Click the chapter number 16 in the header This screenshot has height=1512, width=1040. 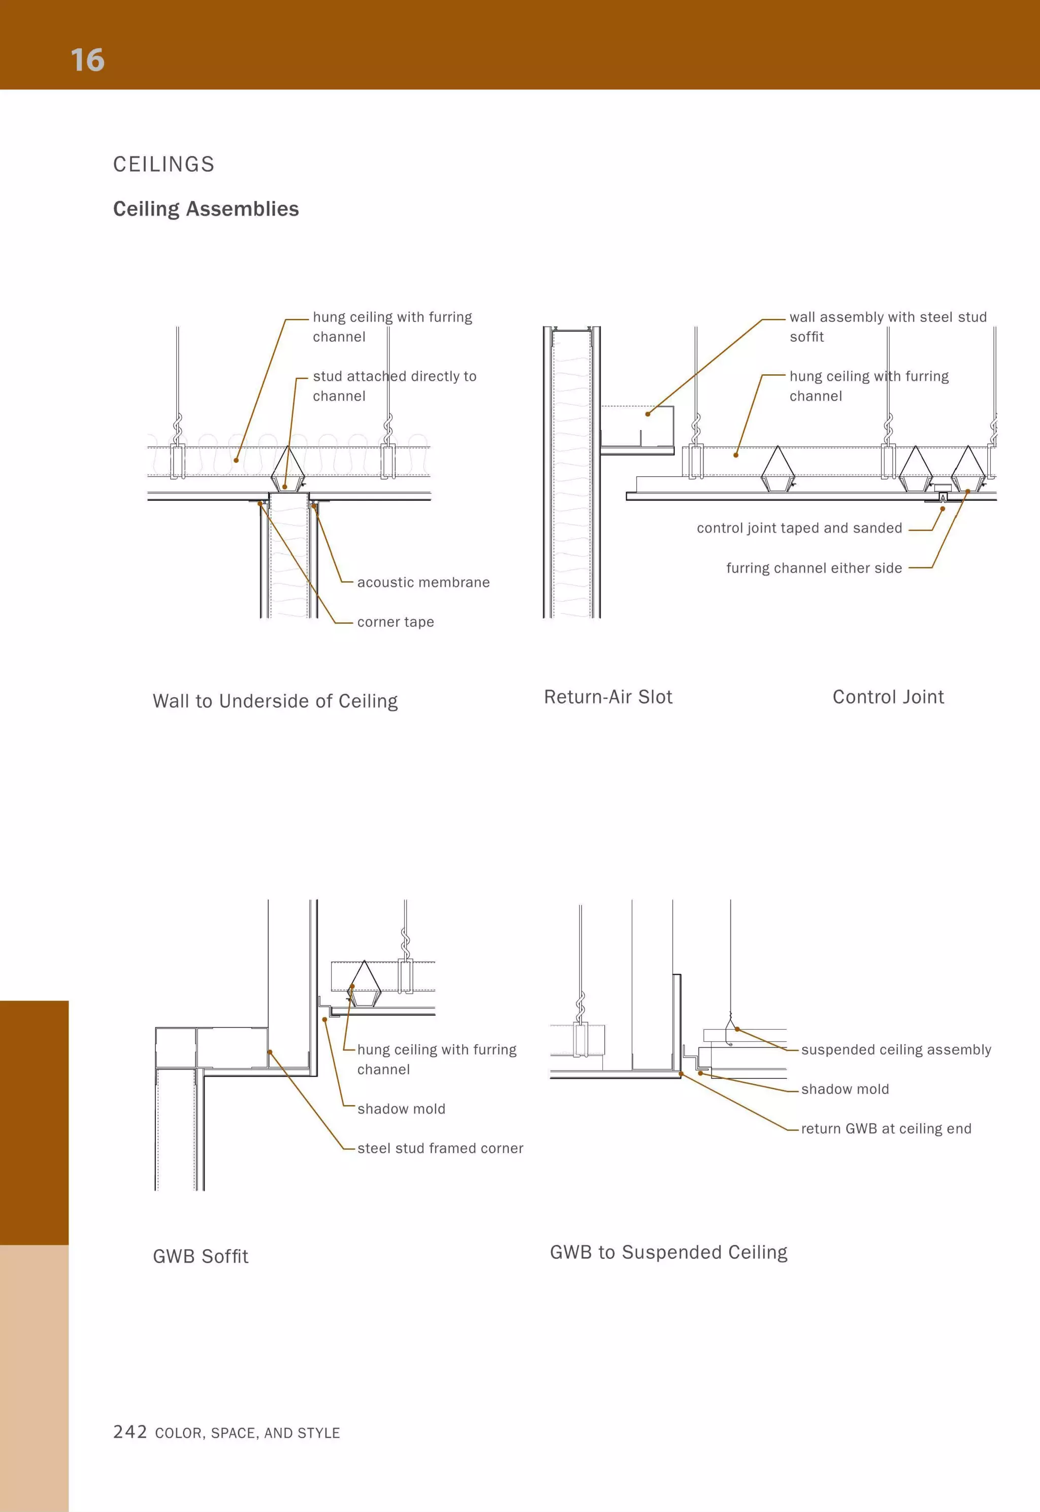tap(87, 60)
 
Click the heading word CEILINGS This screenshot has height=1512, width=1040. tap(164, 164)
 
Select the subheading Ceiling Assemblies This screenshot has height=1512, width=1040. tap(206, 209)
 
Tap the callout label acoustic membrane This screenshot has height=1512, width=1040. tap(423, 582)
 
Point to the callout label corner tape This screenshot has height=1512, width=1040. tap(395, 622)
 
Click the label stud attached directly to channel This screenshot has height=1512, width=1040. tap(394, 386)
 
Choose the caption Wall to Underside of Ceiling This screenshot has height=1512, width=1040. tap(275, 701)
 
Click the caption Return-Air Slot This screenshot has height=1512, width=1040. tap(608, 697)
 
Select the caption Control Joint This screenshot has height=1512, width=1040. tap(888, 697)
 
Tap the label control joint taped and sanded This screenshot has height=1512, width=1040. tap(799, 529)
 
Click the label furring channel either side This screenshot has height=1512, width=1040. tap(814, 568)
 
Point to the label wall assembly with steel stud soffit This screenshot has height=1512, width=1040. tap(888, 326)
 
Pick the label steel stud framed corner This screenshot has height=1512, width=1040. tap(440, 1148)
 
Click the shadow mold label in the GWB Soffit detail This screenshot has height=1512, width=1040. tap(401, 1109)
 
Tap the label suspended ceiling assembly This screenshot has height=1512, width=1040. tap(896, 1049)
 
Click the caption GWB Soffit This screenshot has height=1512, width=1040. tap(201, 1256)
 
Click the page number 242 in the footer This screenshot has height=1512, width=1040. tap(129, 1431)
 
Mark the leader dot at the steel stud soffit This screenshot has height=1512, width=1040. tap(647, 414)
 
